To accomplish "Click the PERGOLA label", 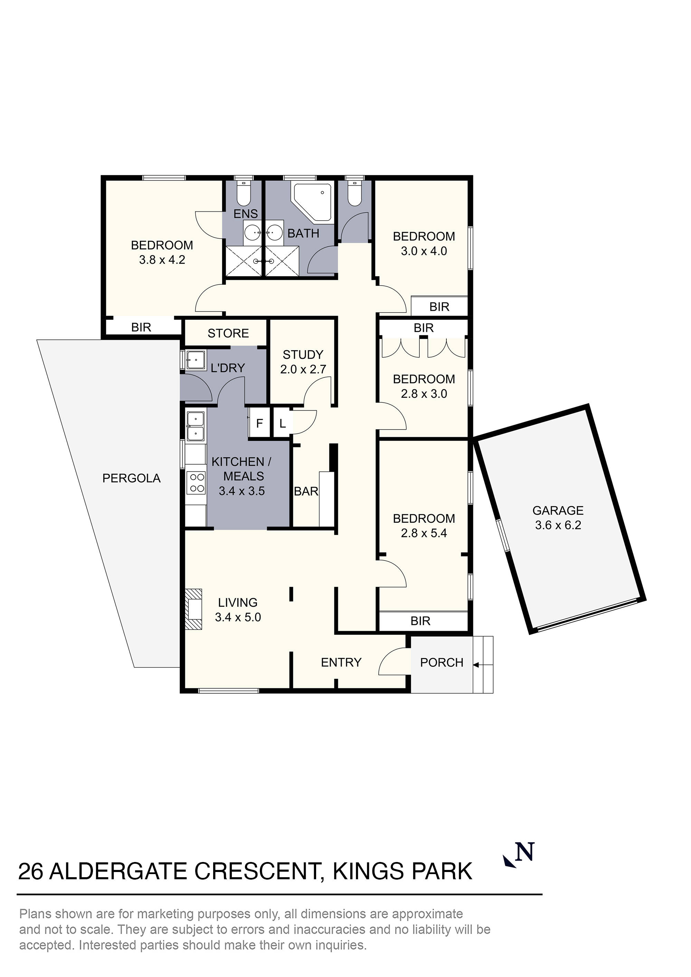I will (x=131, y=478).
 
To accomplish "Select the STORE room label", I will (x=228, y=333).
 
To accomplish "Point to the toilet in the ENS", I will (x=244, y=195).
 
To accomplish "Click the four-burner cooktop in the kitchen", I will (x=196, y=483).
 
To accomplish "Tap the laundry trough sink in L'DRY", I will (x=195, y=360).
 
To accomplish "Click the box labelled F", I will (x=259, y=423).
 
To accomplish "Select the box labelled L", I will (x=282, y=423).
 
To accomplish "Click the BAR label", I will (x=306, y=491).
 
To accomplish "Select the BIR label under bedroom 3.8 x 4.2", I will (x=141, y=327).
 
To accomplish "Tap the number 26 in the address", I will (x=31, y=871).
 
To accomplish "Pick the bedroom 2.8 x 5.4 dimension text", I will (x=424, y=533).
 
